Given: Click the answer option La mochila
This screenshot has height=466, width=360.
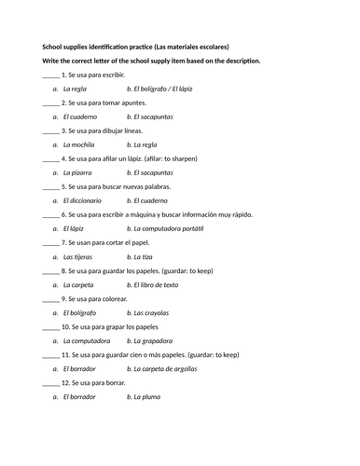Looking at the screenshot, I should coord(83,144).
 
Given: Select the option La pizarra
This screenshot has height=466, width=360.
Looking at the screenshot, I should coord(80,172).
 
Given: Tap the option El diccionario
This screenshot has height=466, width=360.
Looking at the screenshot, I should coord(87,199).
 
